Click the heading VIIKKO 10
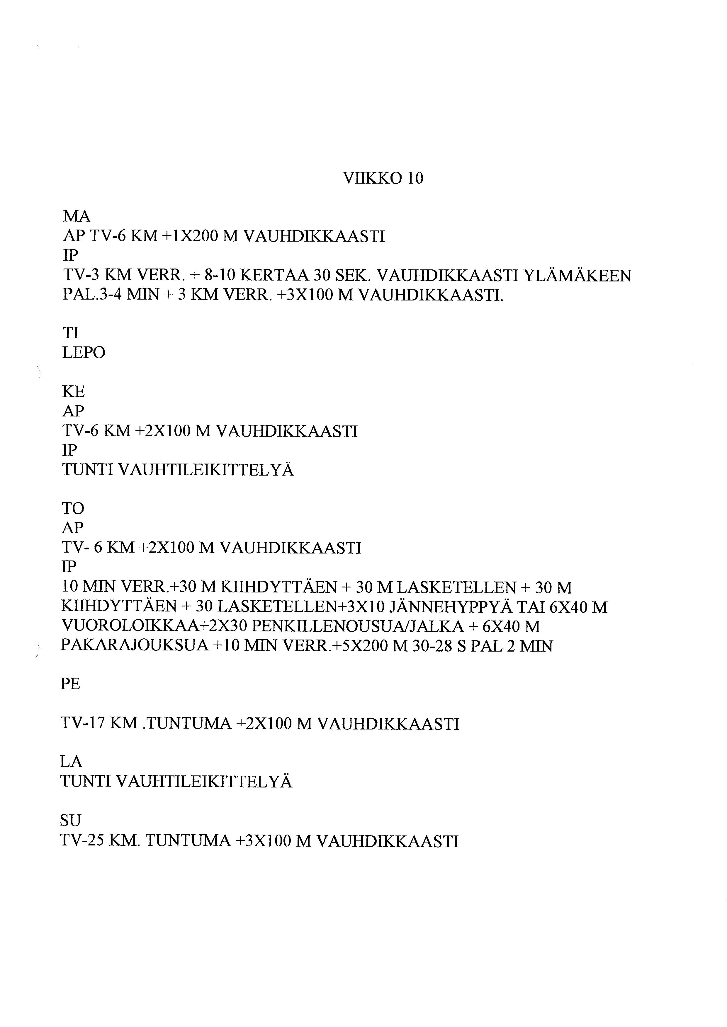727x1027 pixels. point(383,178)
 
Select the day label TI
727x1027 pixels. point(70,333)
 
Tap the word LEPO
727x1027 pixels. point(84,353)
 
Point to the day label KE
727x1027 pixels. point(73,392)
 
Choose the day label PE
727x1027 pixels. point(70,683)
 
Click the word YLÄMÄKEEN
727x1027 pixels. point(577,276)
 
